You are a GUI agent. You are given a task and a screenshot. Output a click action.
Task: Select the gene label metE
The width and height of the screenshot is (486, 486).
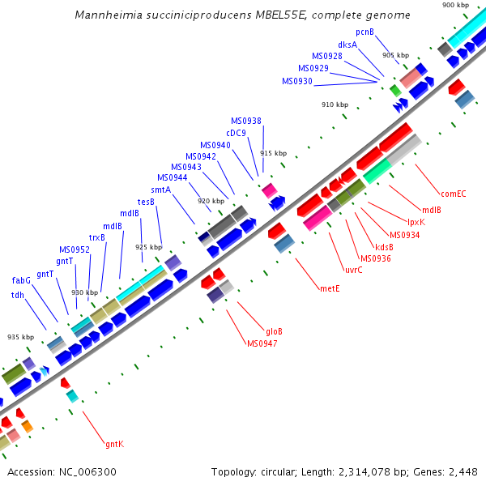(x=330, y=288)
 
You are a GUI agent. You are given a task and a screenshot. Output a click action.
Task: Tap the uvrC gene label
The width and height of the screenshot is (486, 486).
(x=353, y=270)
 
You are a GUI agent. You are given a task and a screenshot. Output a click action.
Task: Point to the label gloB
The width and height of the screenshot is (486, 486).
(x=274, y=331)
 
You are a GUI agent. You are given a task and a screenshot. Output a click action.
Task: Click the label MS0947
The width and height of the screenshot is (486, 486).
(x=262, y=343)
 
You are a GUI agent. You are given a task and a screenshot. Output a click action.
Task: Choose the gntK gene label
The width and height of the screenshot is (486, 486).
(x=114, y=444)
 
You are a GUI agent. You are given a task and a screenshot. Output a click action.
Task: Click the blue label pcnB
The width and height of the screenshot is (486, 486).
(x=365, y=32)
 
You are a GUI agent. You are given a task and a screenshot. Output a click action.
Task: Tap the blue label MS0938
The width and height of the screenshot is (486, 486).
(x=246, y=121)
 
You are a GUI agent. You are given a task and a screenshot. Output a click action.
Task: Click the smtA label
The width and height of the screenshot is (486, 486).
(x=160, y=190)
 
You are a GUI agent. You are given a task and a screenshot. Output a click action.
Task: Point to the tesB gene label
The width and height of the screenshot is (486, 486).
(x=146, y=202)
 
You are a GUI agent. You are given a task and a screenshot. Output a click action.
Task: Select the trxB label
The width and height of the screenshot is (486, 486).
(x=97, y=237)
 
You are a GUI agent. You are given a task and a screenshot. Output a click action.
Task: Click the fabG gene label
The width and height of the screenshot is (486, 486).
(x=21, y=280)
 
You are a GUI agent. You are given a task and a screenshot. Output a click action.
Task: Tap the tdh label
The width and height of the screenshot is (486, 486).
(x=17, y=295)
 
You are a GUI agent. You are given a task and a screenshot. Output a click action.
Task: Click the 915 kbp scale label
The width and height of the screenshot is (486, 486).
(x=274, y=153)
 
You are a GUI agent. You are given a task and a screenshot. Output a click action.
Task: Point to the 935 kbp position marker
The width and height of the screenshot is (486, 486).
(x=21, y=337)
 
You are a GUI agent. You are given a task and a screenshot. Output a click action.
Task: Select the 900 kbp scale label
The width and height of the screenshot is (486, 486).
(x=455, y=5)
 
